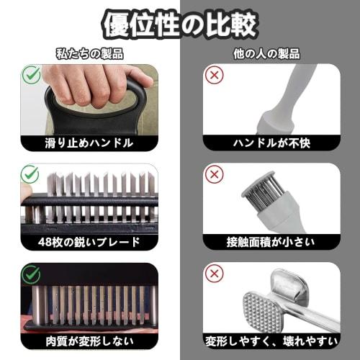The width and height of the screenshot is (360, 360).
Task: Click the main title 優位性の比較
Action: click(x=180, y=25)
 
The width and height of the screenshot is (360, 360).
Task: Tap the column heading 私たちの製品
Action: click(x=90, y=54)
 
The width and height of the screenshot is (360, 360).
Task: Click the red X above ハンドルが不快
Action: click(x=213, y=74)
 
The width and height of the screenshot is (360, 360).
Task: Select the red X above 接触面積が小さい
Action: click(x=213, y=174)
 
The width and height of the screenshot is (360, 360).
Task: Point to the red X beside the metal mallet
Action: click(x=213, y=274)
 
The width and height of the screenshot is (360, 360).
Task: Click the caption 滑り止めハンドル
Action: click(x=90, y=143)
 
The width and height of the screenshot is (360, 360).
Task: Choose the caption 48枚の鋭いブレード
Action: click(x=90, y=241)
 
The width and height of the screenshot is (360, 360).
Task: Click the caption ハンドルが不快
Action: click(x=270, y=143)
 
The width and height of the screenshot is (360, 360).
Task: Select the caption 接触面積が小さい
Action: click(x=270, y=241)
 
